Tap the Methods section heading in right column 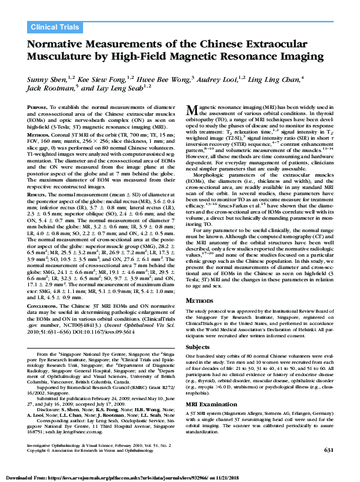[203, 300]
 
